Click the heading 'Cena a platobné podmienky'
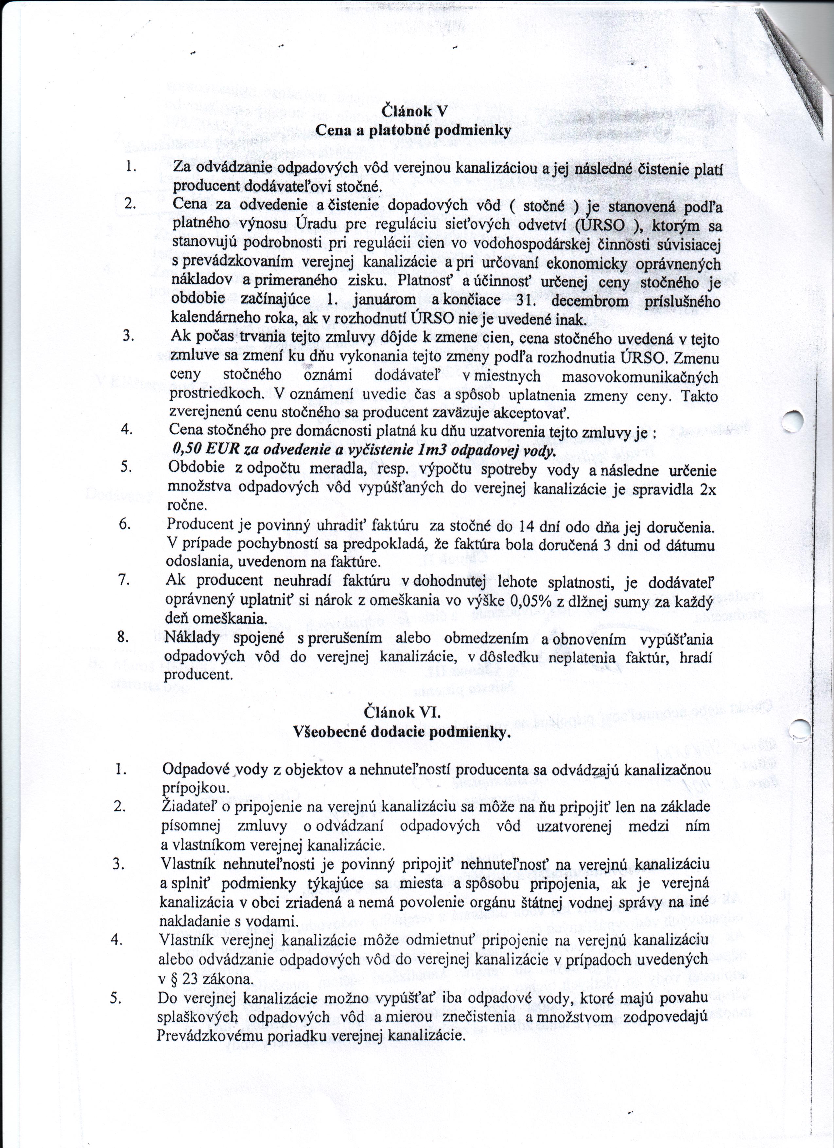pyautogui.click(x=413, y=130)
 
